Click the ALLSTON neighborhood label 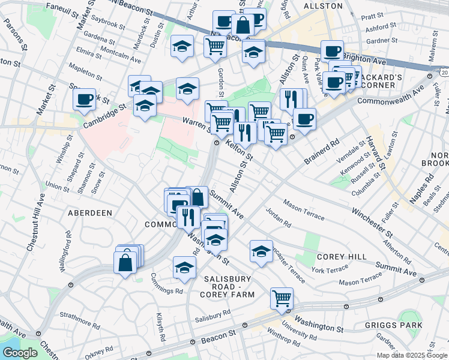(x=323, y=6)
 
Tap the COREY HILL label (x=341, y=256)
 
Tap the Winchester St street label (x=373, y=220)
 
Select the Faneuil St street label (x=62, y=9)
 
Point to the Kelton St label (x=240, y=150)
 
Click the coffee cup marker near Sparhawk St (x=85, y=98)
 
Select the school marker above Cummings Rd (x=184, y=268)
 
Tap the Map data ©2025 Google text (x=411, y=355)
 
